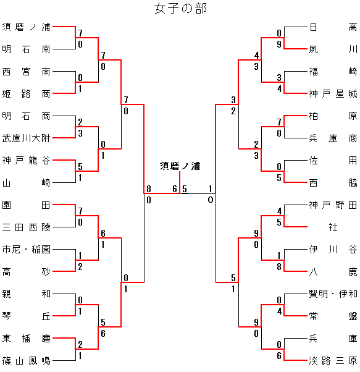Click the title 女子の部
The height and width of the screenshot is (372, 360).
click(180, 8)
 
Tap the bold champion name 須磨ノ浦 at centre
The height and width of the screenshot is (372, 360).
click(180, 166)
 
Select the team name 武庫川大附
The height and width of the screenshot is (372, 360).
click(26, 138)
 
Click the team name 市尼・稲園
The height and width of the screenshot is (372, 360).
click(26, 250)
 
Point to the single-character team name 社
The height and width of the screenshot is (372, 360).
click(333, 227)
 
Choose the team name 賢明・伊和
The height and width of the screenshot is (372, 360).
click(333, 294)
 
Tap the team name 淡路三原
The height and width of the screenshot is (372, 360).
click(333, 361)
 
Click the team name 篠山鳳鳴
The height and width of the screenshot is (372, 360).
click(26, 361)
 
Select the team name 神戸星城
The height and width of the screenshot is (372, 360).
click(333, 94)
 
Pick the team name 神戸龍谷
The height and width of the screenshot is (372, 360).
click(26, 161)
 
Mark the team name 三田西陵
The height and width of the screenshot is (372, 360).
click(26, 227)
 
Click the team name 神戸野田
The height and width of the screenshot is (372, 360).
click(333, 205)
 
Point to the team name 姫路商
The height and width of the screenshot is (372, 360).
click(26, 94)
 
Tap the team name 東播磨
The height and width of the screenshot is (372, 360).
click(26, 338)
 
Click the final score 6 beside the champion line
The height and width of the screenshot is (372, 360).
click(175, 189)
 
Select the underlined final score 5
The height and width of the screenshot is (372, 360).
click(185, 189)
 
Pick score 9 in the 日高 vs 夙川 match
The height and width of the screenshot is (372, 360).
click(279, 44)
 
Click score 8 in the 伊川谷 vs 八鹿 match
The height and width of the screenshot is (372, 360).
click(279, 267)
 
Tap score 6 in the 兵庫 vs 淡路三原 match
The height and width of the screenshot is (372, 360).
click(279, 356)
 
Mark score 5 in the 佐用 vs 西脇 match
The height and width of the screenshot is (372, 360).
click(279, 178)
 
